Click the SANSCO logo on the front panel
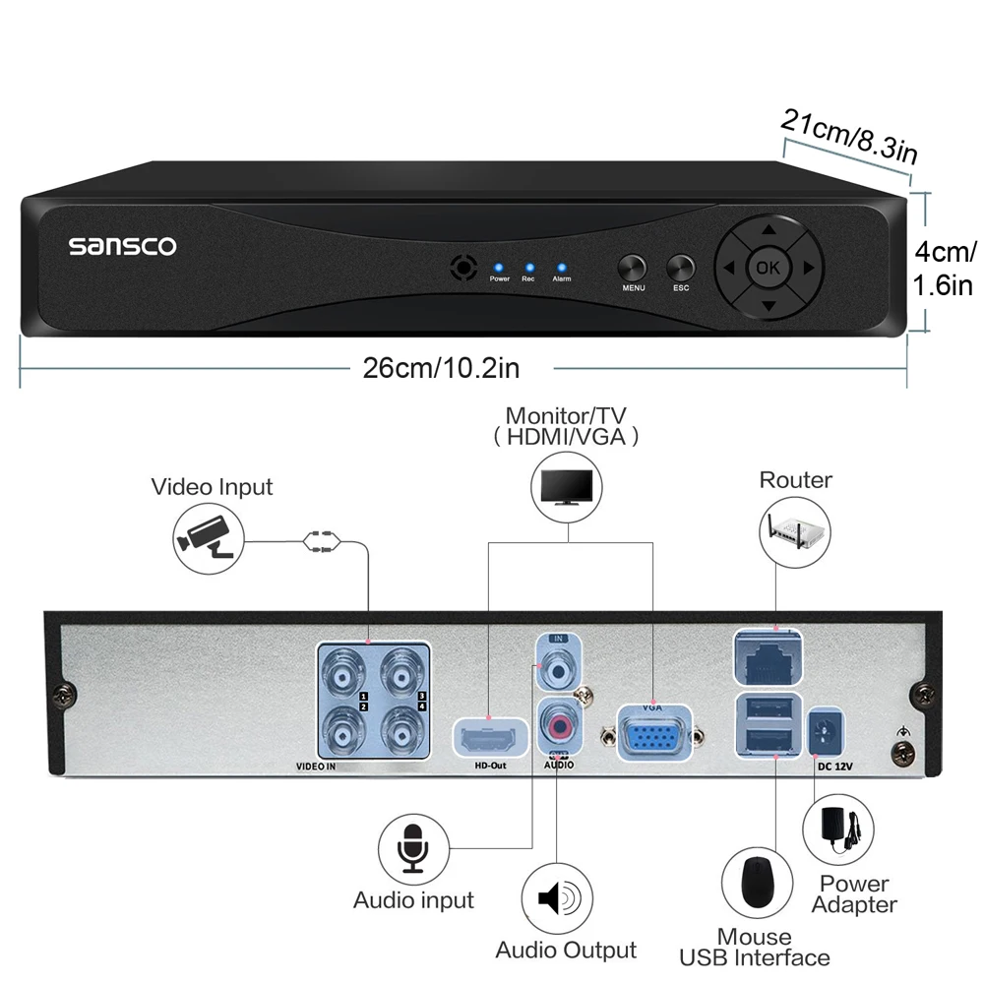122,246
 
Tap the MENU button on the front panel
632,268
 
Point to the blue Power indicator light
499,267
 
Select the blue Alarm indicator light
561,267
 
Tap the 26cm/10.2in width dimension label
441,368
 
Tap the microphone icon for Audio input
413,850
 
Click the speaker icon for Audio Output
557,899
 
